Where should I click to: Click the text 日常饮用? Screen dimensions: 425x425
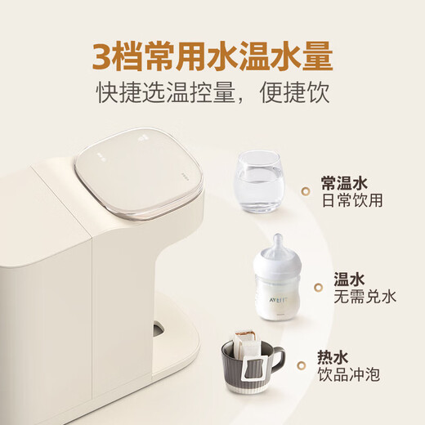pos(352,200)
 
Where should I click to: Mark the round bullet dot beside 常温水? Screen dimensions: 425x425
pos(306,191)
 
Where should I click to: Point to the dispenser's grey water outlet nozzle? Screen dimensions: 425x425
pos(156,329)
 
